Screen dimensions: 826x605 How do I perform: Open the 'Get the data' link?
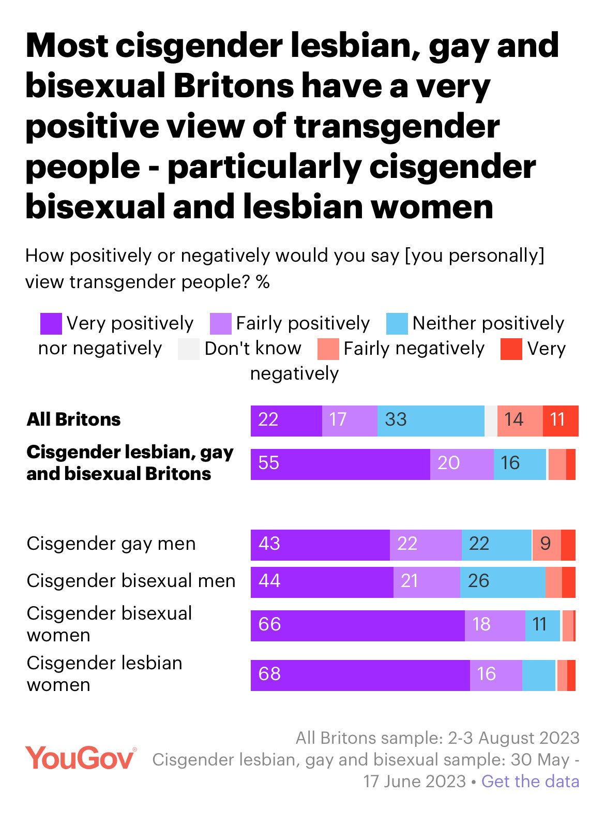pyautogui.click(x=530, y=781)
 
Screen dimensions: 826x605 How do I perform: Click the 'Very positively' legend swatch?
pyautogui.click(x=51, y=324)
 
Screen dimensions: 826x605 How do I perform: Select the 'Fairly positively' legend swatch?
pyautogui.click(x=220, y=324)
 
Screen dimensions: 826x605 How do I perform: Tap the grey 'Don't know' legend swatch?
pyautogui.click(x=188, y=349)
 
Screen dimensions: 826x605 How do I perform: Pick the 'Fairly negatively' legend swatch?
pyautogui.click(x=328, y=349)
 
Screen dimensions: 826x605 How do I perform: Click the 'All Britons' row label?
pyautogui.click(x=73, y=419)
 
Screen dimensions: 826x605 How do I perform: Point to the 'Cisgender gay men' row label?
pyautogui.click(x=111, y=544)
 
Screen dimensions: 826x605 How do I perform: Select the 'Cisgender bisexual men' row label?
pyautogui.click(x=131, y=581)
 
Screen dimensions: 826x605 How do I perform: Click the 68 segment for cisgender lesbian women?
pyautogui.click(x=360, y=675)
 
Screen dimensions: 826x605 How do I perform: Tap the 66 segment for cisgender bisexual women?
pyautogui.click(x=357, y=626)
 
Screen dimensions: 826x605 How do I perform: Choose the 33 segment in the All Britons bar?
pyautogui.click(x=430, y=421)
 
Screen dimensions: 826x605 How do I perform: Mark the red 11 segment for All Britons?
pyautogui.click(x=561, y=421)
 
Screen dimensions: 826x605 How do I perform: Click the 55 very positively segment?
pyautogui.click(x=340, y=464)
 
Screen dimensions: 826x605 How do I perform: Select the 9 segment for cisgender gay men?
pyautogui.click(x=546, y=545)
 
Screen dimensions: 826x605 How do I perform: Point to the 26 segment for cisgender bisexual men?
pyautogui.click(x=503, y=582)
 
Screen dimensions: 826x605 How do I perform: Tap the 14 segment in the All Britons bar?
pyautogui.click(x=520, y=421)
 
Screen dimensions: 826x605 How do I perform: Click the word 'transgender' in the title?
pyautogui.click(x=397, y=127)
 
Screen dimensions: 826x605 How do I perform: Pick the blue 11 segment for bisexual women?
pyautogui.click(x=542, y=626)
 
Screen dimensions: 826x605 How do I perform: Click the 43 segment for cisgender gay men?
pyautogui.click(x=320, y=545)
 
